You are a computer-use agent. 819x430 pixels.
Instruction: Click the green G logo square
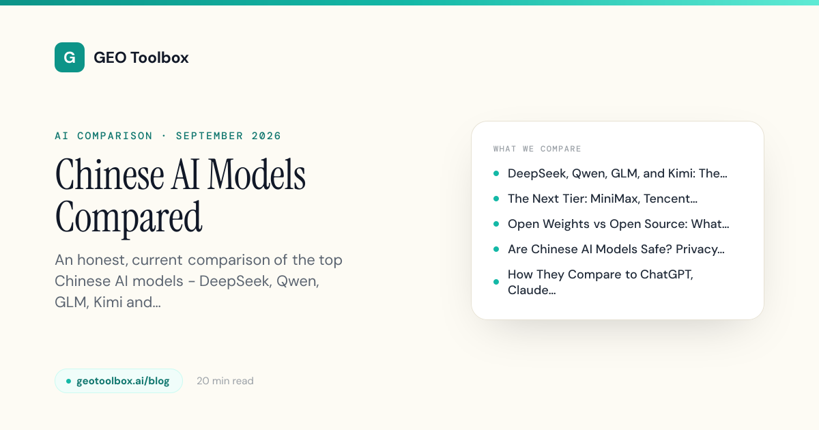coord(70,57)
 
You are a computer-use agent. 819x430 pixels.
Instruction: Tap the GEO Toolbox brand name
coord(141,58)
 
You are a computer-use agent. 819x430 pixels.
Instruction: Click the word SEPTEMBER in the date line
coord(210,136)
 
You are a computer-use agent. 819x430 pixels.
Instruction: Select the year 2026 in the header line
coord(266,136)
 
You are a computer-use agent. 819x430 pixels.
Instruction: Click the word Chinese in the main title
coord(110,175)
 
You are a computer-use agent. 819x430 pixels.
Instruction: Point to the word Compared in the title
coord(128,218)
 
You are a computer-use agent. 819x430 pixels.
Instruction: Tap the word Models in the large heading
coord(257,175)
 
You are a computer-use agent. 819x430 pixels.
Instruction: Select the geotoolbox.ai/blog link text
coord(123,381)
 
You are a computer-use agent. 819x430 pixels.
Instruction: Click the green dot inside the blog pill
coord(68,381)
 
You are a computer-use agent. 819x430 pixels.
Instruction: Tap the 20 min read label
coord(225,381)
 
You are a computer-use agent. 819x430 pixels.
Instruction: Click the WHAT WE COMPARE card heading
coord(537,149)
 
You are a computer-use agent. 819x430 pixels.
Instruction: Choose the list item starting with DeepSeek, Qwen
coord(618,173)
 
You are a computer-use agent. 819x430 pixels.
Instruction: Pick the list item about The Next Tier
coord(603,199)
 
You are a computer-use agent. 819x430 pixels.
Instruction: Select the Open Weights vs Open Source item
coord(618,224)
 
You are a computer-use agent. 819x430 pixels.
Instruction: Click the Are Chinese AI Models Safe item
coord(616,249)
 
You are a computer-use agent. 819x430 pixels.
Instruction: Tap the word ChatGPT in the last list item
coord(667,274)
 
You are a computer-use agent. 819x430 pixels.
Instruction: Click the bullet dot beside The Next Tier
coord(496,199)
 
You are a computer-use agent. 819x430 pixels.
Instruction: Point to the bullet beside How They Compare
coord(496,282)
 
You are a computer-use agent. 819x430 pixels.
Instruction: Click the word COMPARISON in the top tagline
coord(115,136)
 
